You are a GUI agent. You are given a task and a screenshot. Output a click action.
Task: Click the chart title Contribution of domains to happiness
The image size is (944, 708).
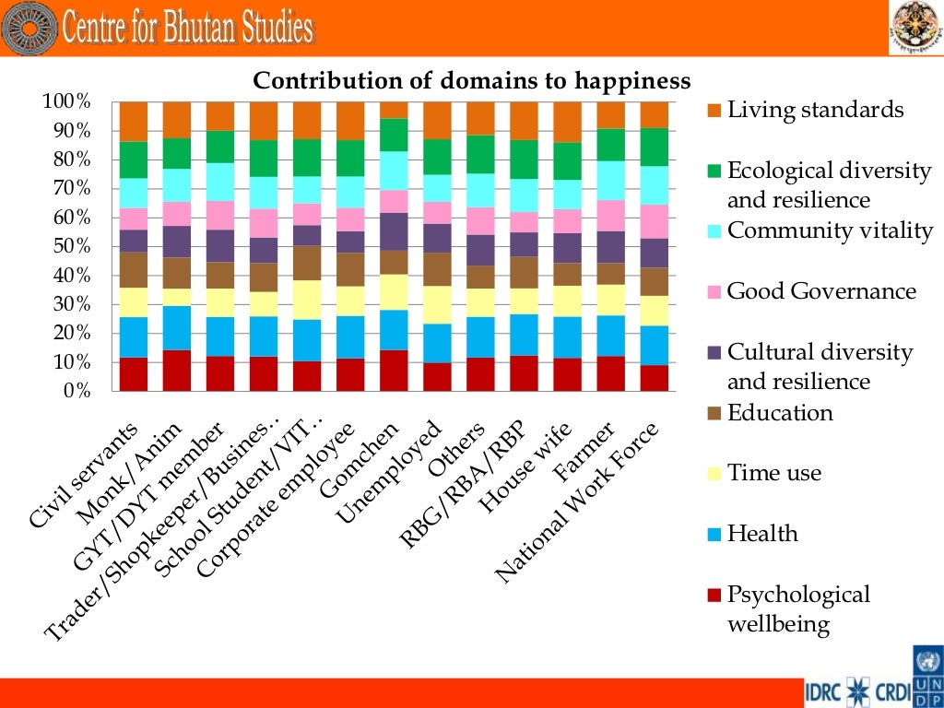point(472,81)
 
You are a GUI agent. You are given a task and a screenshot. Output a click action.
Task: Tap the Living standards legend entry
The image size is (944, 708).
point(815,111)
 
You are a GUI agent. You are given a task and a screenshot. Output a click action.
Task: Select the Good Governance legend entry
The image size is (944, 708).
point(821,292)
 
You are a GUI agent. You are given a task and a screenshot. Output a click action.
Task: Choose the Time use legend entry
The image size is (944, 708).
point(773,474)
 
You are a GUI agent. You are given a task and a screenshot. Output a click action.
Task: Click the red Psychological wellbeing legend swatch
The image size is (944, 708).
point(714,595)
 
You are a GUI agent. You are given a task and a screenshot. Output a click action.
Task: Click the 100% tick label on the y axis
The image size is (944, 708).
point(66,101)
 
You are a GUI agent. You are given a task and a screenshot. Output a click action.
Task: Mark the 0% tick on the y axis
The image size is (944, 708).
point(77,392)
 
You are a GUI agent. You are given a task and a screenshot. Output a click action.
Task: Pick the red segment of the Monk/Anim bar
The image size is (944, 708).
point(177,371)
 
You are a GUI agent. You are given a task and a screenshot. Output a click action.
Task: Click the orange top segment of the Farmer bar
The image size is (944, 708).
point(609,114)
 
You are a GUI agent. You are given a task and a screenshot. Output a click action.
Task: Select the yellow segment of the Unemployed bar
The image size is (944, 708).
point(437,304)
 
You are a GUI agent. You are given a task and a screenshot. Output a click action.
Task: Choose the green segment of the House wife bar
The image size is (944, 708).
point(567,161)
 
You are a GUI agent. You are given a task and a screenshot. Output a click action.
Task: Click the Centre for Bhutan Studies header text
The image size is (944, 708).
point(188,29)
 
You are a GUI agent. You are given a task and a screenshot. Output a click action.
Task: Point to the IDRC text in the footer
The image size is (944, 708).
point(822,691)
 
